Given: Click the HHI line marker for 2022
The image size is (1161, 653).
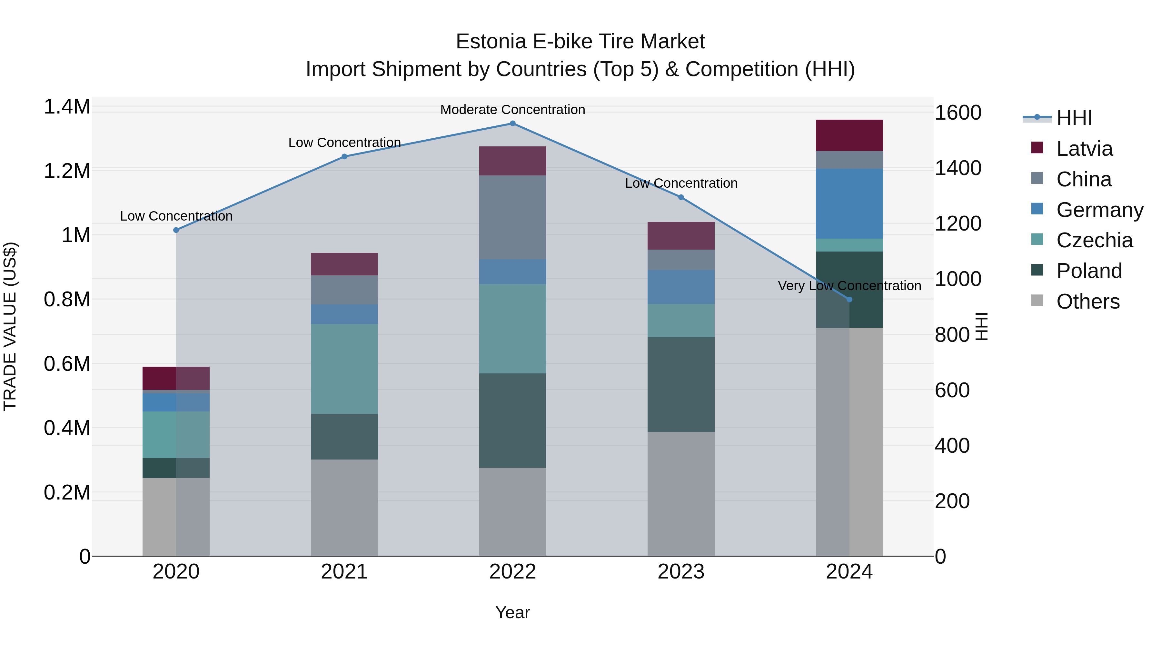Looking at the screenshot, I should click(512, 123).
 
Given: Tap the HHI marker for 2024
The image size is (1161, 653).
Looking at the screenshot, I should click(849, 299).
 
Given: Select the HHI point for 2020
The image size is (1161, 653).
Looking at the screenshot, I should click(176, 230).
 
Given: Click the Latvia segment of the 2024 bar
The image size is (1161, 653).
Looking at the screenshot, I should click(849, 135).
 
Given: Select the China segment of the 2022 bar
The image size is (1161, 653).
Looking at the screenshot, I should click(512, 217).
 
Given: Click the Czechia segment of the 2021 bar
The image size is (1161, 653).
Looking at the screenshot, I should click(344, 369).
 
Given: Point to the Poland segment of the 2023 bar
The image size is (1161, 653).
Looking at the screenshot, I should click(681, 384).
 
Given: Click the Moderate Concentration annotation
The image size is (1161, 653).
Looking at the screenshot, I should click(512, 110).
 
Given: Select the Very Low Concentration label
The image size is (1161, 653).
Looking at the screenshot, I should click(849, 286).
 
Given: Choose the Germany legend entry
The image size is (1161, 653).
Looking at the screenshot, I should click(1099, 210).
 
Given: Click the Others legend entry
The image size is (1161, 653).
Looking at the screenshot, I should click(1087, 302).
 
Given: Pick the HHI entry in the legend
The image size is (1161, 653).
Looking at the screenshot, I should click(1074, 118).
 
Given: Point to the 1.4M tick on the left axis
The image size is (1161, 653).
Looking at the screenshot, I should click(67, 107).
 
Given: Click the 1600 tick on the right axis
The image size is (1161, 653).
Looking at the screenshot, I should click(958, 113).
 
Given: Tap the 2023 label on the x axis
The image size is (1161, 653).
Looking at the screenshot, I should click(681, 572).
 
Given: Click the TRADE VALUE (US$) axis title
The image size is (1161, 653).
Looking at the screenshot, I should click(10, 326).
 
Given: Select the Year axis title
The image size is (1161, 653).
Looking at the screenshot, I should click(512, 612).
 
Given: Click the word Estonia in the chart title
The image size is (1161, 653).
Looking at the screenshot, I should click(491, 42).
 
